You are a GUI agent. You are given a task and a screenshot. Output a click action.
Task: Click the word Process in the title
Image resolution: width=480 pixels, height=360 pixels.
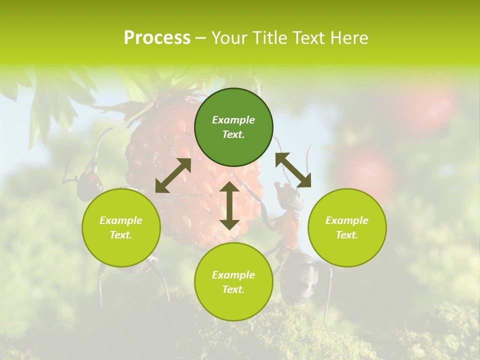coord(157,38)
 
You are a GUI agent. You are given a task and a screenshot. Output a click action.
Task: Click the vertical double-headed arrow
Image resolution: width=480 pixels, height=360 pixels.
coord(229,205)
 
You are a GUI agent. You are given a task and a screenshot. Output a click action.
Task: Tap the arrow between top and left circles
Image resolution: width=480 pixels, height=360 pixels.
coord(173,175)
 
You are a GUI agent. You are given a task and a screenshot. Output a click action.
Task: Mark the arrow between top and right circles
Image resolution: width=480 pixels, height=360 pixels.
coord(293,170)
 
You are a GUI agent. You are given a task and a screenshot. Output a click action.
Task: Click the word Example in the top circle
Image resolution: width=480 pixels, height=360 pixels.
coord(233,120)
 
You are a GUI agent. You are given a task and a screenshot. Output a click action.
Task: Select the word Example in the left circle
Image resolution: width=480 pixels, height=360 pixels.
coord(121,220)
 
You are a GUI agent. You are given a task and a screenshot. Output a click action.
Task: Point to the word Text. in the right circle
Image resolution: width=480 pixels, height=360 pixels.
coord(347,235)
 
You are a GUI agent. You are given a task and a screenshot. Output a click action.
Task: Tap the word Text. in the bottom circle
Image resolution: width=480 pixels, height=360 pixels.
coord(233,289)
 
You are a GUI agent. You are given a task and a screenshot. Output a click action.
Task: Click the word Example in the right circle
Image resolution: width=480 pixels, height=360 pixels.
coord(347,220)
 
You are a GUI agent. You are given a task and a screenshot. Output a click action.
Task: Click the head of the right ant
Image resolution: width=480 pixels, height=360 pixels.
coord(290,196)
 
